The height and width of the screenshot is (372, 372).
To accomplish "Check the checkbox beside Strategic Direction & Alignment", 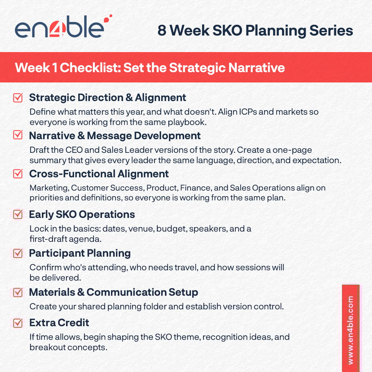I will coord(18,98).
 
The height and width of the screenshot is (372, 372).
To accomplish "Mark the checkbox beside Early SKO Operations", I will coord(18,214).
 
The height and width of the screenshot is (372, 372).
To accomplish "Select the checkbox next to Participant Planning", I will coord(18,253).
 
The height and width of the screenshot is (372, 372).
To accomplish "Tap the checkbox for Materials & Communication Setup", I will coord(18,292).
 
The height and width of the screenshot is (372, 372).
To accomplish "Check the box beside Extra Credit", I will coord(18,323).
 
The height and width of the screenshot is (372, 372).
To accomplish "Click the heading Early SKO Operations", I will coord(82,215).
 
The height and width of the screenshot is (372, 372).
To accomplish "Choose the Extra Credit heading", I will coord(59,323).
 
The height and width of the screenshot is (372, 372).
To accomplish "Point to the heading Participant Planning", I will coord(80,253).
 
